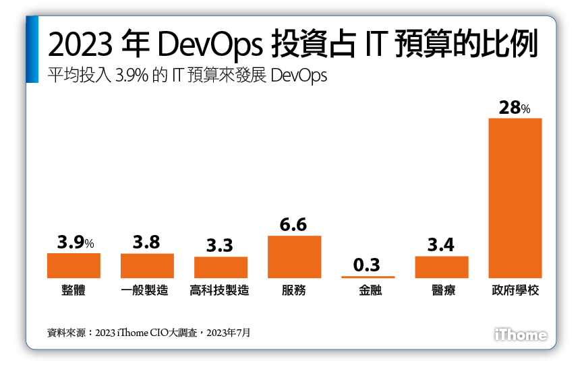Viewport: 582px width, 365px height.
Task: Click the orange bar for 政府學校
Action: (515, 198)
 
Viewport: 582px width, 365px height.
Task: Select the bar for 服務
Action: (294, 257)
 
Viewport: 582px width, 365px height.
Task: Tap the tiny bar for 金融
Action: (368, 277)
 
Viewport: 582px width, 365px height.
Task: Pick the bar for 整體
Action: (74, 265)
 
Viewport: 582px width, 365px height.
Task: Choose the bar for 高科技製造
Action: (221, 267)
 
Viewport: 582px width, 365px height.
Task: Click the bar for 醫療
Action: (441, 267)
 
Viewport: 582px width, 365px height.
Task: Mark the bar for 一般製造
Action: (147, 265)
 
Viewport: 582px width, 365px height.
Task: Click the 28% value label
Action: (515, 107)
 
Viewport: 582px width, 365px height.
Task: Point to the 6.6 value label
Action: (294, 224)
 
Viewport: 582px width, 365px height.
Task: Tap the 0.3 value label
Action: (368, 265)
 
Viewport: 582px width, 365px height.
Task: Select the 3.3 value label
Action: (221, 246)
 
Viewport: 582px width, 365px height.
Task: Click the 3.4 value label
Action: (441, 245)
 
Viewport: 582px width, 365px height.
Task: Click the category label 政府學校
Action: (515, 291)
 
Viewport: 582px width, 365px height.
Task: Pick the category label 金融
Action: (368, 291)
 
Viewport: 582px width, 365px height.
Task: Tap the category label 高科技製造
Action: (221, 291)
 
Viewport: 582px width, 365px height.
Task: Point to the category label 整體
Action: (74, 291)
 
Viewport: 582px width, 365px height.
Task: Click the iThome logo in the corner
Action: (520, 334)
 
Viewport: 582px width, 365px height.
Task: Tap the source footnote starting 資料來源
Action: (148, 332)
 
